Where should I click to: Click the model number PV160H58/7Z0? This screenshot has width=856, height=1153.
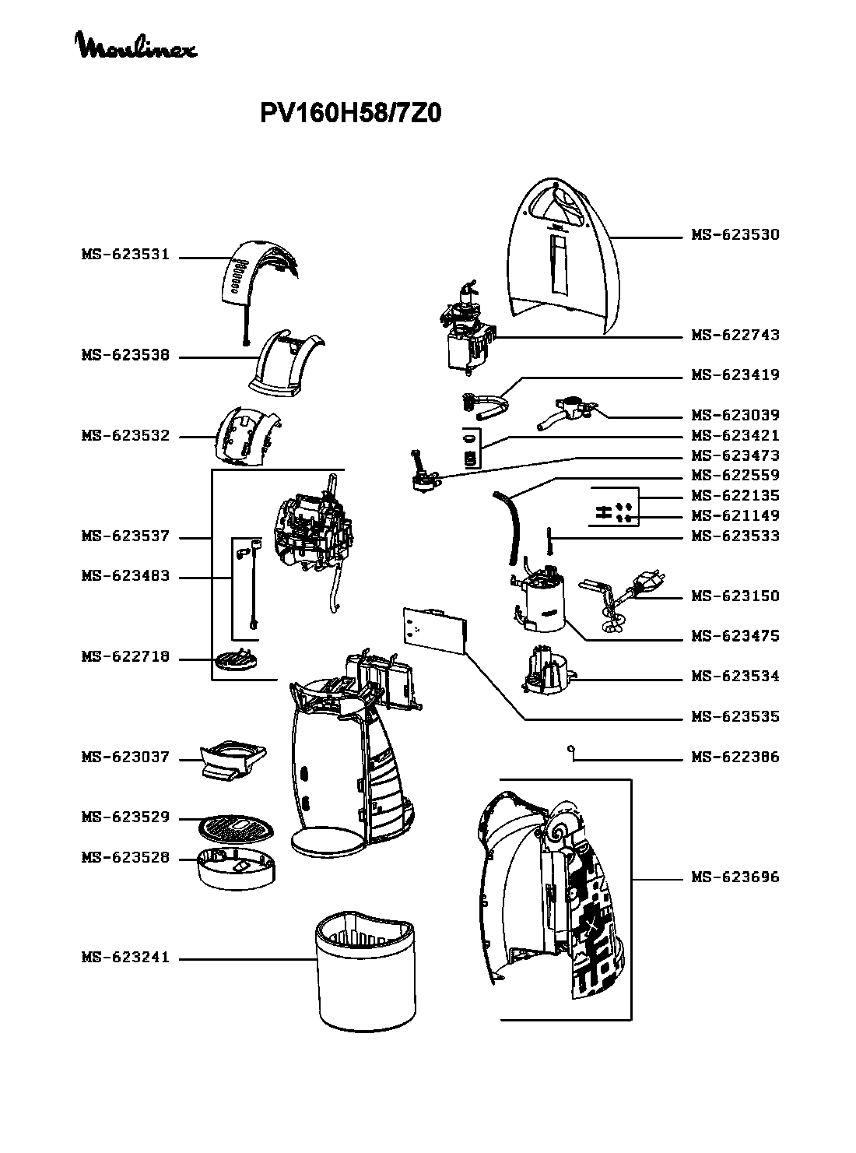click(350, 114)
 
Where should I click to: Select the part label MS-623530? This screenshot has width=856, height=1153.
click(735, 235)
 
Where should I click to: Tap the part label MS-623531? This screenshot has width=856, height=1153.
click(125, 255)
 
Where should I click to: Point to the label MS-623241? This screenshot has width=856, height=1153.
click(125, 958)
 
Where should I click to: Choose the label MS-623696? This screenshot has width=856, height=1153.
click(735, 877)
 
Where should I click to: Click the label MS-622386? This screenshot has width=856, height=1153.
click(735, 757)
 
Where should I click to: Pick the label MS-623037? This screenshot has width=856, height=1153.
click(125, 758)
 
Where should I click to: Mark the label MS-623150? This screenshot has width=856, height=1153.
click(735, 596)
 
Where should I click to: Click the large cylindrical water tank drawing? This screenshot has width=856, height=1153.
click(364, 971)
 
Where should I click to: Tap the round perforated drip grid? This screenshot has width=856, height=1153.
click(237, 826)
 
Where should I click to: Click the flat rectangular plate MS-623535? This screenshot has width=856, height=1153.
click(433, 629)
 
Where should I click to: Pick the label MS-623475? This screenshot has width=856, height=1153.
click(735, 636)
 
